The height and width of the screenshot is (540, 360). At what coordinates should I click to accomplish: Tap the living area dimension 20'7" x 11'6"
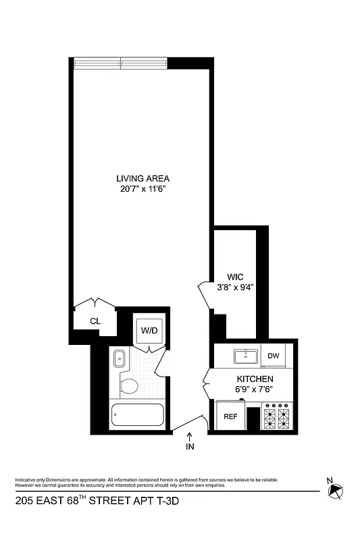click(x=141, y=189)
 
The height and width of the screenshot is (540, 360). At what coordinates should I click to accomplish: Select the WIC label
click(x=234, y=277)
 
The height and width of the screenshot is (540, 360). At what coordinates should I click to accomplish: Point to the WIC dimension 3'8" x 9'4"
click(x=234, y=288)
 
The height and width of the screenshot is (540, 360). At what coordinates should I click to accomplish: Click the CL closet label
click(x=95, y=321)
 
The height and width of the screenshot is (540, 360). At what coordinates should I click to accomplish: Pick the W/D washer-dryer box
click(x=148, y=331)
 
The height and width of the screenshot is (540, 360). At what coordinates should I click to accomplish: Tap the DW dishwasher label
click(x=274, y=356)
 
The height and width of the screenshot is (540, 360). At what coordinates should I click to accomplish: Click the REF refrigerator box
click(x=230, y=416)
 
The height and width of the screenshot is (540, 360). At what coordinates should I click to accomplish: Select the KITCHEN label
click(x=254, y=379)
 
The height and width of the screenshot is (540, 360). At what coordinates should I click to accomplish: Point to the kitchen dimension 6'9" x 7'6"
click(x=254, y=390)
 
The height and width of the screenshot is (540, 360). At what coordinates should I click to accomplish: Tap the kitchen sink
click(x=242, y=355)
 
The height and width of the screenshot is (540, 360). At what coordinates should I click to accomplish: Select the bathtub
click(x=136, y=414)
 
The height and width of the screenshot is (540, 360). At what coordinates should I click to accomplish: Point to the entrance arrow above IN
click(x=189, y=435)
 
